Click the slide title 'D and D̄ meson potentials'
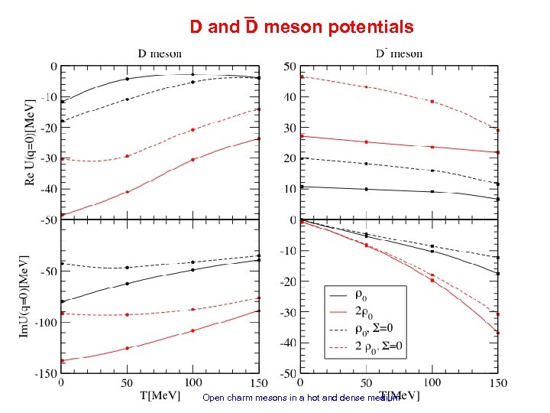(302, 28)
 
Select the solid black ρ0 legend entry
(359, 293)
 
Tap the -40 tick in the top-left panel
(47, 188)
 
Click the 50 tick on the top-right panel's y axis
(290, 67)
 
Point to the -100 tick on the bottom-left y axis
(44, 323)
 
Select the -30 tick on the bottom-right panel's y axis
(288, 313)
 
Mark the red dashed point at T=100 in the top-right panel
(432, 101)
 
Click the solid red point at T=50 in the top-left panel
(127, 192)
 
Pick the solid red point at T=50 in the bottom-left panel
(127, 348)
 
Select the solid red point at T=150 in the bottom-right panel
(498, 333)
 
